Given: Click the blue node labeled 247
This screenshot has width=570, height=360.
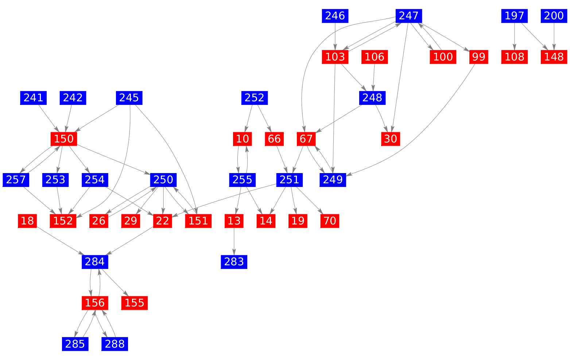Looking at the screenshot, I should pyautogui.click(x=408, y=16).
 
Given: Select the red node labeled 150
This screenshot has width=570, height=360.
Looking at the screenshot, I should pyautogui.click(x=64, y=138).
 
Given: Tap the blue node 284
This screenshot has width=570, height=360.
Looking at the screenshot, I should pyautogui.click(x=95, y=262).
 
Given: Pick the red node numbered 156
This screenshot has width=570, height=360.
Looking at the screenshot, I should pyautogui.click(x=95, y=302).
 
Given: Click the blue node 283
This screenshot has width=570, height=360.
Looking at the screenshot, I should pyautogui.click(x=234, y=262).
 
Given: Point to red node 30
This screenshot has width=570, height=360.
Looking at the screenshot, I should pyautogui.click(x=391, y=138).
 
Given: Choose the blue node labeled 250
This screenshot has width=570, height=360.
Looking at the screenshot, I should pyautogui.click(x=163, y=179).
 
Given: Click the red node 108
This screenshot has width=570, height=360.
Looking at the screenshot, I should pyautogui.click(x=514, y=57).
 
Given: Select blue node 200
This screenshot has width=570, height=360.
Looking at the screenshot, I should pyautogui.click(x=554, y=16).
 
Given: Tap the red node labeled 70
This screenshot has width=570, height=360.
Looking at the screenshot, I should pyautogui.click(x=330, y=220).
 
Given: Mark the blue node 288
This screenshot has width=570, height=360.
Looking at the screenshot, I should pyautogui.click(x=115, y=344).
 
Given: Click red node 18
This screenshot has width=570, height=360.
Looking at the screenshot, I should pyautogui.click(x=27, y=220).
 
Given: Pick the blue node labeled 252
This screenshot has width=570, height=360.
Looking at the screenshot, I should pyautogui.click(x=255, y=98).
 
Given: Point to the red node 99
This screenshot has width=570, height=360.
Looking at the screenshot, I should pyautogui.click(x=478, y=57).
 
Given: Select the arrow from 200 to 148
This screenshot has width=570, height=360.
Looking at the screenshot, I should pyautogui.click(x=554, y=36).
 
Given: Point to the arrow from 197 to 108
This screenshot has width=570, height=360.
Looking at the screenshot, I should pyautogui.click(x=514, y=36).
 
